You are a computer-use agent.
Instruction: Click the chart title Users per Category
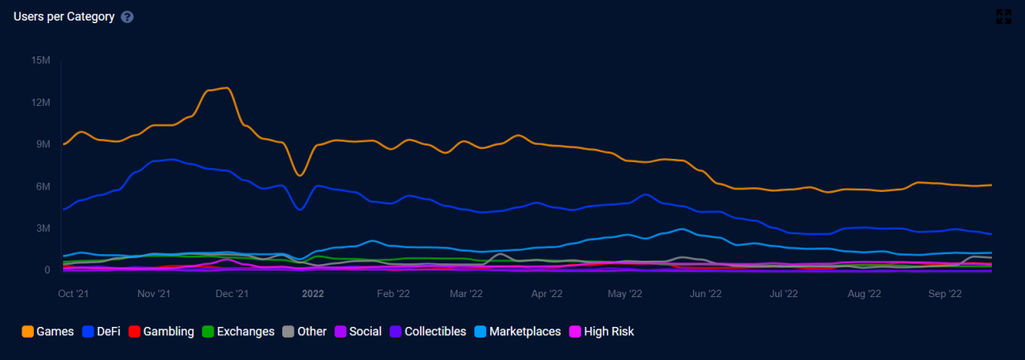click(64, 17)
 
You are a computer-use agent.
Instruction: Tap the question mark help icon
click(127, 17)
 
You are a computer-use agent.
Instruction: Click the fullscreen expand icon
click(1003, 17)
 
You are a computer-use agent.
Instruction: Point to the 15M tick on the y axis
click(40, 60)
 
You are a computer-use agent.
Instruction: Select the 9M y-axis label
click(42, 144)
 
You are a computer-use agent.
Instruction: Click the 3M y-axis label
click(42, 228)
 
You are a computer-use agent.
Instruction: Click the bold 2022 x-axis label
click(313, 293)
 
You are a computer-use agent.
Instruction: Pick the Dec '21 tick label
click(232, 293)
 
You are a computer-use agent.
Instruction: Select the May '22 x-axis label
click(624, 293)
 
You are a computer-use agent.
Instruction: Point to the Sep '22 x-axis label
click(945, 293)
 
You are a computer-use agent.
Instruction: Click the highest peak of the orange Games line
click(226, 88)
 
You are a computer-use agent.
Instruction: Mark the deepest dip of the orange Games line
click(300, 175)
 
